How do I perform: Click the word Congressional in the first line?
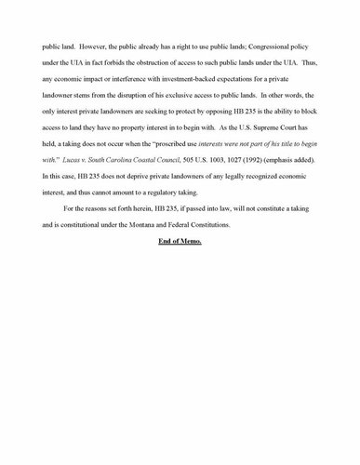[x=257, y=42]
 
